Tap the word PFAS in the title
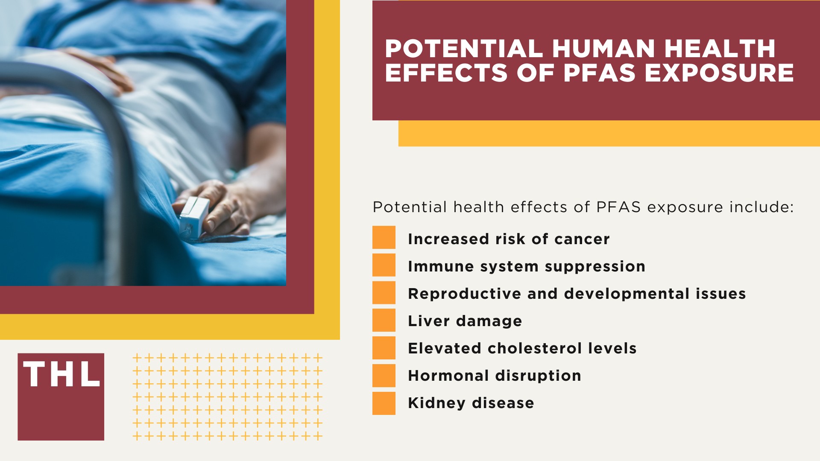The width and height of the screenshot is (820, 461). [x=599, y=73]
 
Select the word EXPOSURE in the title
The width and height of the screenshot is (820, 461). [x=719, y=73]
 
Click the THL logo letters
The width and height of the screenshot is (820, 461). [x=61, y=374]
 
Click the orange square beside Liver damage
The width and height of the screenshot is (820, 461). [x=384, y=320]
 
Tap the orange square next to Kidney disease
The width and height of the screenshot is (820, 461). [x=384, y=403]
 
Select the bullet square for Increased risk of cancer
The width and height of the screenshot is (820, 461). [x=384, y=237]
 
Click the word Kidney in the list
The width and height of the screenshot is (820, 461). [x=436, y=403]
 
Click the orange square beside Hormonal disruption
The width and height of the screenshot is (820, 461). [x=384, y=375]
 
